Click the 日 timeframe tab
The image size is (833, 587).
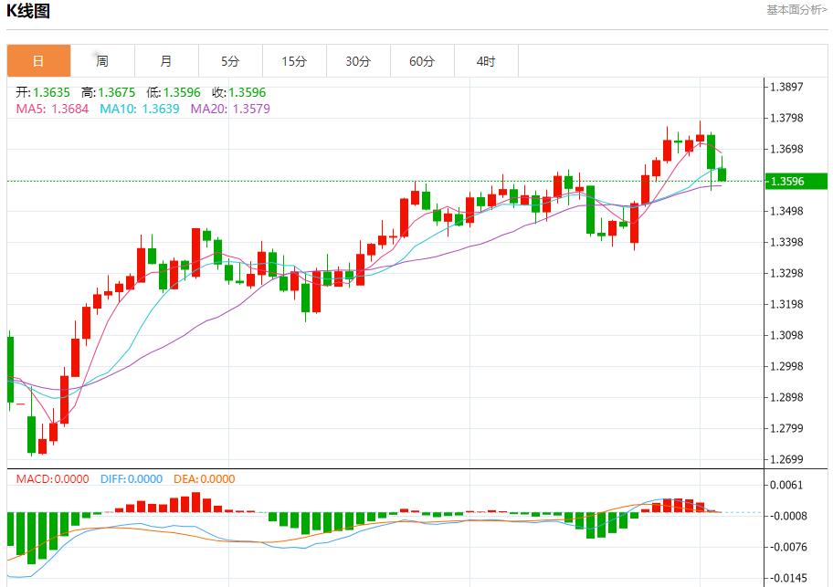click(x=38, y=61)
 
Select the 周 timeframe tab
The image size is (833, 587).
click(x=102, y=61)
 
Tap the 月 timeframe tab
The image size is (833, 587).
click(x=166, y=61)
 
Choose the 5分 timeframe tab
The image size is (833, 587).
click(x=230, y=61)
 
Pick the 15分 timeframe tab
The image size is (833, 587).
click(x=294, y=61)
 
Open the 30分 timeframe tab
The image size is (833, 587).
click(x=358, y=61)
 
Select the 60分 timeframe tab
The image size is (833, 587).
click(x=422, y=61)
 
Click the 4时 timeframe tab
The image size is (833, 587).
click(x=486, y=61)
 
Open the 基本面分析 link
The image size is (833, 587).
click(x=796, y=10)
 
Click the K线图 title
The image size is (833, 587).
click(x=28, y=12)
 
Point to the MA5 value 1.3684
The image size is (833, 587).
click(x=69, y=109)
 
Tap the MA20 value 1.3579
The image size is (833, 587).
click(x=251, y=109)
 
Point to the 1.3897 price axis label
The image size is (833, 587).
click(x=786, y=88)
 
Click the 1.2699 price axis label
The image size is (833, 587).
click(x=786, y=459)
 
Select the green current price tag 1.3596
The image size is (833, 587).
click(x=786, y=181)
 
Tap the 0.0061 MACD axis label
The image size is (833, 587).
click(x=786, y=485)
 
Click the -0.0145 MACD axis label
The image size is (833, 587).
click(x=786, y=578)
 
